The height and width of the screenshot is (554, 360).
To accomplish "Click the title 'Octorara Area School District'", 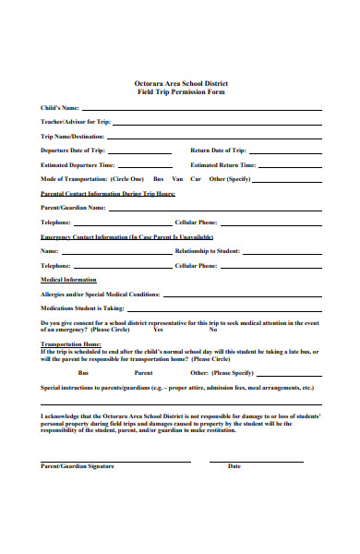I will (180, 82).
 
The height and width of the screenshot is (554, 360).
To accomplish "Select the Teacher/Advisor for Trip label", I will (76, 122).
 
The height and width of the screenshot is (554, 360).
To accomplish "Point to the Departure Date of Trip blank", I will (139, 151).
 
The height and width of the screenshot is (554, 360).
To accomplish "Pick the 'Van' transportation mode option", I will (178, 178).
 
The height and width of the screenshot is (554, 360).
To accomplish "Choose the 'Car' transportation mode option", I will (196, 178).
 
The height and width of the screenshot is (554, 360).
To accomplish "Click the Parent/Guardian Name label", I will (73, 208).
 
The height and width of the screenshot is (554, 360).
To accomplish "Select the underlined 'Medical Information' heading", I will (67, 279).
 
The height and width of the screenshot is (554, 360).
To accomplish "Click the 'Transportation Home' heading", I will (70, 344).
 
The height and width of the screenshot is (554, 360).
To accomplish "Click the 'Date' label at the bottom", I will (234, 466).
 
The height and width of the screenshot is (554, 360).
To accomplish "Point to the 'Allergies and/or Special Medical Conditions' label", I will (100, 294).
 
